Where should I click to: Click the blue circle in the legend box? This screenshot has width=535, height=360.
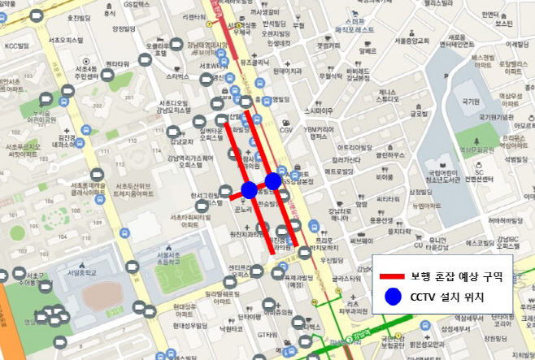point(394,297)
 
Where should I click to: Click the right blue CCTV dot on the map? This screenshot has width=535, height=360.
point(273,180)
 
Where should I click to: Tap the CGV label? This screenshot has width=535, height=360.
point(286,130)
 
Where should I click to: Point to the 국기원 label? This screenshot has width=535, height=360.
point(468,102)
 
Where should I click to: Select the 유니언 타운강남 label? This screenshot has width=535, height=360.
point(439,243)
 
